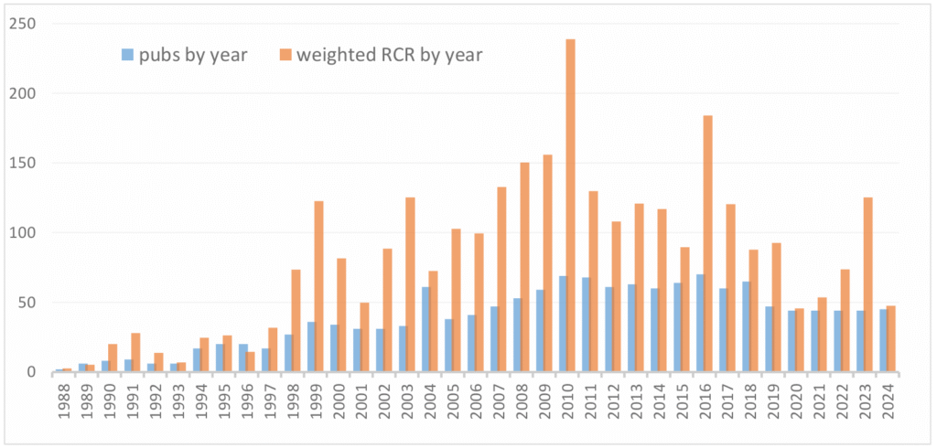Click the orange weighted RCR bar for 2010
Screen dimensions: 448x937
570,206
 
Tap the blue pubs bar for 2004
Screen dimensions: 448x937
426,329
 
